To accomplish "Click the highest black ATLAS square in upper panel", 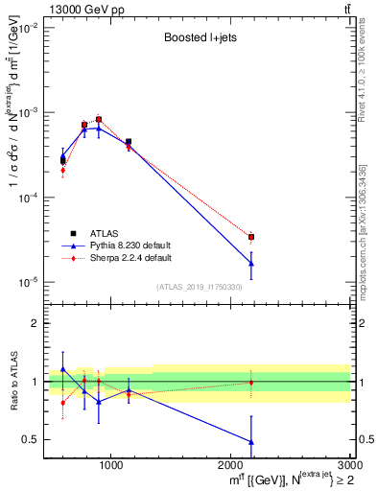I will (99, 120).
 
